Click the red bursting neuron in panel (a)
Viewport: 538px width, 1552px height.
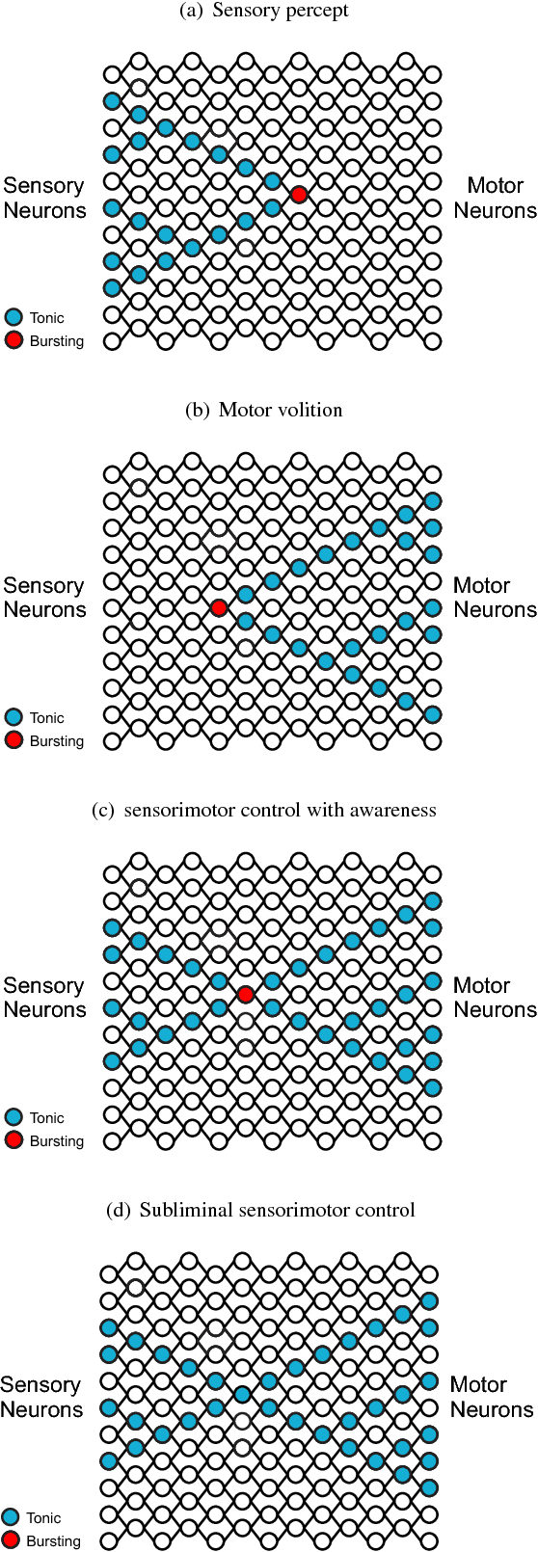(x=299, y=195)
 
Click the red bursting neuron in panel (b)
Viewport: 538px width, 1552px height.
(x=219, y=607)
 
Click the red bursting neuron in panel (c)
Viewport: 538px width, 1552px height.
(x=246, y=994)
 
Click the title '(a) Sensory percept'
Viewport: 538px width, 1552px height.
(x=264, y=11)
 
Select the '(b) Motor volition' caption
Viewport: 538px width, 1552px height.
(x=263, y=410)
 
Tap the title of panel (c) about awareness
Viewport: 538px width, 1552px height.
(x=263, y=810)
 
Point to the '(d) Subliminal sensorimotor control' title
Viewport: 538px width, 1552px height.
(x=260, y=1210)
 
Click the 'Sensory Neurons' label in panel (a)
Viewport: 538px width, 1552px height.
(x=44, y=198)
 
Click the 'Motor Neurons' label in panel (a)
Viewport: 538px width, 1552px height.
(x=495, y=198)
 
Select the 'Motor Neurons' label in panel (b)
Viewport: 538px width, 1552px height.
(x=495, y=598)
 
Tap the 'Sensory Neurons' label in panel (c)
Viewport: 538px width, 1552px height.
(x=44, y=998)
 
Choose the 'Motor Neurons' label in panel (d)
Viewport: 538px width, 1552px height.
(x=492, y=1397)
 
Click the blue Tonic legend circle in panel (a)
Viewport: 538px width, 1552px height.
(x=13, y=317)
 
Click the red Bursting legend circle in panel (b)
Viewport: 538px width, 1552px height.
(x=13, y=740)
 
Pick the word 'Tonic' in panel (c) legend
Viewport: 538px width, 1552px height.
(x=47, y=1118)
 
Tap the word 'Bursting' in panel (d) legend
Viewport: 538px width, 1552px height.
(x=54, y=1540)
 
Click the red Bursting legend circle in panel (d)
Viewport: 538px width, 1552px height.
(x=11, y=1539)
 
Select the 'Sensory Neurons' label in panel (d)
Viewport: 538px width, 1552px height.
(x=41, y=1397)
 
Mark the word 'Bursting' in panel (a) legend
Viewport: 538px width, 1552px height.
(x=57, y=341)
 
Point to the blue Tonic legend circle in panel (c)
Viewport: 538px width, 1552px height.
(x=13, y=1117)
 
